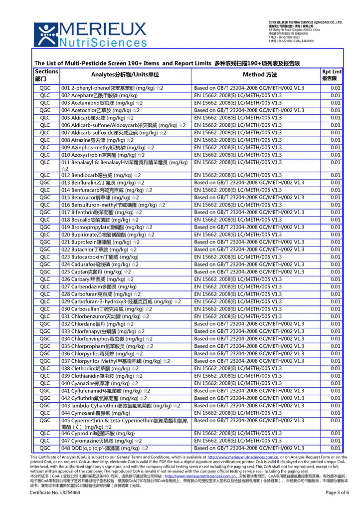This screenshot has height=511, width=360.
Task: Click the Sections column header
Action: pos(47,75)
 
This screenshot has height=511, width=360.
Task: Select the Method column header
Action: pos(259,75)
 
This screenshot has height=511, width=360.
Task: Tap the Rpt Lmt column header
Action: pos(332,75)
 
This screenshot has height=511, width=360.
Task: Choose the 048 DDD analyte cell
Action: pos(104,448)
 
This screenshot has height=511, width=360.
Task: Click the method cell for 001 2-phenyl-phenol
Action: pos(249,88)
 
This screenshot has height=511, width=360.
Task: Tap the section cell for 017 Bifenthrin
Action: pos(45,212)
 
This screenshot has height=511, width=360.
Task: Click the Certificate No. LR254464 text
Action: pos(55,493)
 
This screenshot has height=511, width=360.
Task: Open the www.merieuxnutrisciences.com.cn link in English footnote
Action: pos(242,457)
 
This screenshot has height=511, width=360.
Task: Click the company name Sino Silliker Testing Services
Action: pos(305,22)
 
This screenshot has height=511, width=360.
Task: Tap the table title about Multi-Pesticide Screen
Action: pos(167,63)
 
